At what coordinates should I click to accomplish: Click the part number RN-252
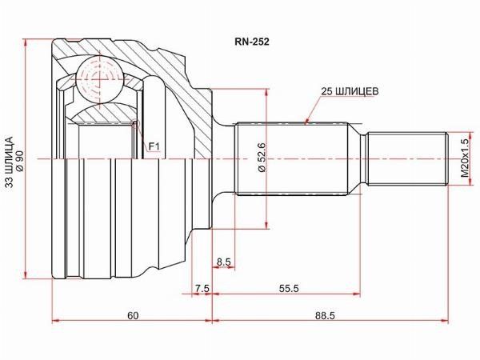tap(252, 42)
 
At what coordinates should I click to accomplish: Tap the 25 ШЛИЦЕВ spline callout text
tap(350, 91)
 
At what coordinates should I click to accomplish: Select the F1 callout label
tap(154, 147)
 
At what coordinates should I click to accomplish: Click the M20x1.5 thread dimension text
tap(465, 158)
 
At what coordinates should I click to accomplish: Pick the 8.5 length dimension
tap(223, 262)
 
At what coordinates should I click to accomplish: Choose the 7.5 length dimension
tap(202, 288)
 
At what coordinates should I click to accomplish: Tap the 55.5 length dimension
tap(289, 288)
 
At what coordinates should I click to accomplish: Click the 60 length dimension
tap(133, 315)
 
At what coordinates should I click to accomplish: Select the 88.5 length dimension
tap(325, 315)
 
